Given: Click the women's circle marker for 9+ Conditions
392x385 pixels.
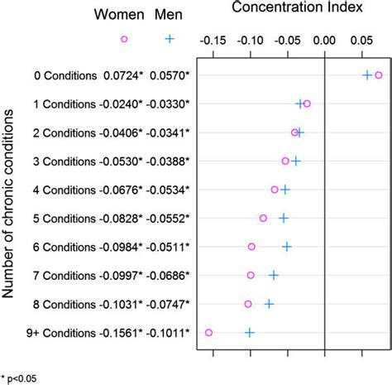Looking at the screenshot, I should tap(208, 332).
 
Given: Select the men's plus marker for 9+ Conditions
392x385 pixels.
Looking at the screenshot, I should tap(250, 332).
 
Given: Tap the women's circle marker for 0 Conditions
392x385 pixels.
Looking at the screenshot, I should tap(378, 75).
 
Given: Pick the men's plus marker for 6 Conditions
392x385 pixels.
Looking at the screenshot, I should tap(287, 246).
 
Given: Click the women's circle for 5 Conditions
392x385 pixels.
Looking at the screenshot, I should tap(263, 218).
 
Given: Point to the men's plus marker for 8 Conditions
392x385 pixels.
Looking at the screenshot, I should tap(269, 304).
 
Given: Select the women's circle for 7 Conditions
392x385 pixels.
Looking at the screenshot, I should tap(251, 275).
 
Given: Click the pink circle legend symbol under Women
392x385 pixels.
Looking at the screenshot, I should tap(124, 39).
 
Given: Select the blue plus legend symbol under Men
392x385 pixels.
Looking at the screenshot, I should tap(169, 39).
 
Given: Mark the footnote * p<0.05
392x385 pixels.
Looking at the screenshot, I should tap(19, 378).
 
